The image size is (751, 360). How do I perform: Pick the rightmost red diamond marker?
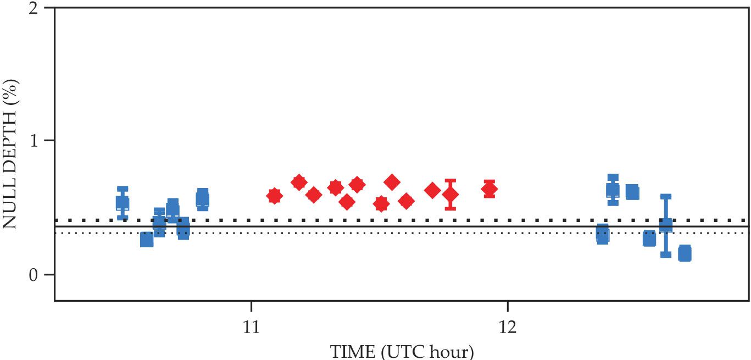pyautogui.click(x=489, y=189)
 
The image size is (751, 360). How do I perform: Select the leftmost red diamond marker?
pyautogui.click(x=274, y=196)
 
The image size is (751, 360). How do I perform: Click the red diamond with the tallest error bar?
pyautogui.click(x=450, y=194)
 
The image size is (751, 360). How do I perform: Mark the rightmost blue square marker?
pyautogui.click(x=684, y=254)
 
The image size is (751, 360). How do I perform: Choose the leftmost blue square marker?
pyautogui.click(x=123, y=203)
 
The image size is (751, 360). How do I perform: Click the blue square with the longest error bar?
pyautogui.click(x=665, y=225)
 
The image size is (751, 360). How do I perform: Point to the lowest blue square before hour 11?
pyautogui.click(x=147, y=240)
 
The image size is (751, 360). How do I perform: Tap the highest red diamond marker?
pyautogui.click(x=391, y=182)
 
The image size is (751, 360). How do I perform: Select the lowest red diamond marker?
pyautogui.click(x=381, y=204)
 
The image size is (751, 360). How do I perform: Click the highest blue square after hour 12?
pyautogui.click(x=613, y=190)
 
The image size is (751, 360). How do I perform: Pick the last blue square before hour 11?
pyautogui.click(x=202, y=198)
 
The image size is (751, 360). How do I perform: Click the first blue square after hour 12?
pyautogui.click(x=602, y=235)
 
